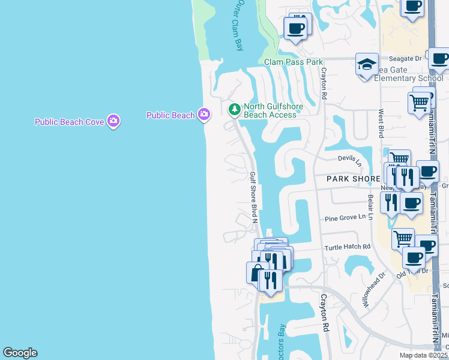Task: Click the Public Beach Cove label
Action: tap(69, 122)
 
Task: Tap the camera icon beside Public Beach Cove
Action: tap(113, 121)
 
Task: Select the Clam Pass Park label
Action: tap(294, 62)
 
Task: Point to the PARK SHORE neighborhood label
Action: tap(353, 179)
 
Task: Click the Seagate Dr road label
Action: tap(405, 59)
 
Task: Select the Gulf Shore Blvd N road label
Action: tap(253, 196)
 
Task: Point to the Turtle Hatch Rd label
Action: tap(348, 247)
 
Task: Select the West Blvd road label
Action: tap(381, 123)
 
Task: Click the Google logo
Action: tap(20, 353)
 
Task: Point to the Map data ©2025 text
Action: tap(423, 355)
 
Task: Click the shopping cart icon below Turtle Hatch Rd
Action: tap(403, 239)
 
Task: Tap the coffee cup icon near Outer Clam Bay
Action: tap(295, 28)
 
